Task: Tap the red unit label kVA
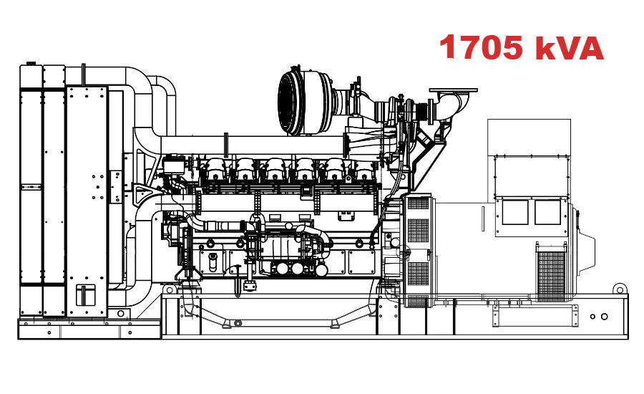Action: [x=570, y=47]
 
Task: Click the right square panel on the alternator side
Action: [x=548, y=213]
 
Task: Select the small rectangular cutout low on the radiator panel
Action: [x=86, y=294]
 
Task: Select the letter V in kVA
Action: [x=569, y=47]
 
